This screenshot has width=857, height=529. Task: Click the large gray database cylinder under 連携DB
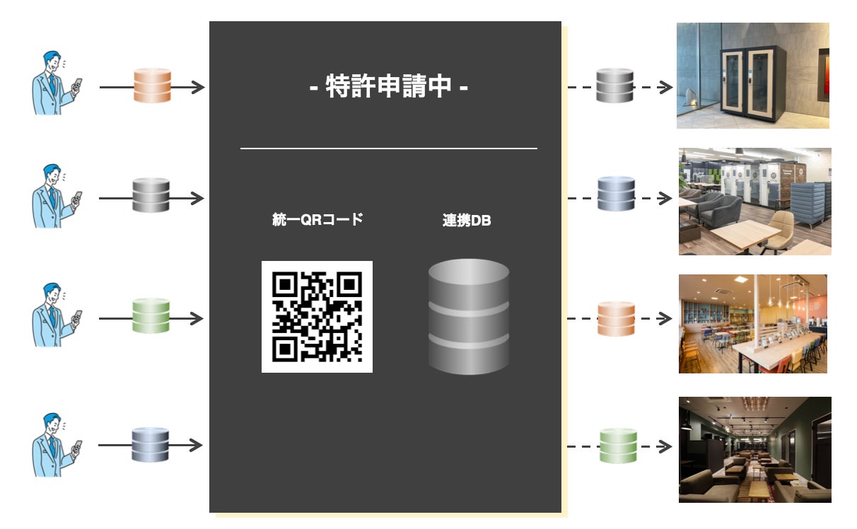pyautogui.click(x=469, y=316)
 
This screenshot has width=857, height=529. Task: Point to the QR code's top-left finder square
pyautogui.click(x=284, y=284)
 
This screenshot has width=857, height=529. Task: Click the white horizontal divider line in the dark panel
pyautogui.click(x=389, y=149)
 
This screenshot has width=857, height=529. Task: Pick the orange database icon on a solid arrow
pyautogui.click(x=153, y=86)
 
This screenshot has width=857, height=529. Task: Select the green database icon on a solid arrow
pyautogui.click(x=151, y=317)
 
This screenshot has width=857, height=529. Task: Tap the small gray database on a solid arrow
pyautogui.click(x=151, y=197)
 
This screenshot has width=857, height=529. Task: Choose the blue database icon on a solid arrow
pyautogui.click(x=151, y=445)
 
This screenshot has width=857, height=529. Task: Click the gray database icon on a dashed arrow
pyautogui.click(x=613, y=86)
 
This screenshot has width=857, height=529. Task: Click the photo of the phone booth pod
pyautogui.click(x=752, y=76)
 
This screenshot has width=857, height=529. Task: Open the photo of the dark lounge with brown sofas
pyautogui.click(x=754, y=450)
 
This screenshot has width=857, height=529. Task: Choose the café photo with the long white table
pyautogui.click(x=752, y=324)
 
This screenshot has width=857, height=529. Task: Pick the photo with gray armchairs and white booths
pyautogui.click(x=754, y=202)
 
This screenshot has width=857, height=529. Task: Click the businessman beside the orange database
pyautogui.click(x=55, y=83)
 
